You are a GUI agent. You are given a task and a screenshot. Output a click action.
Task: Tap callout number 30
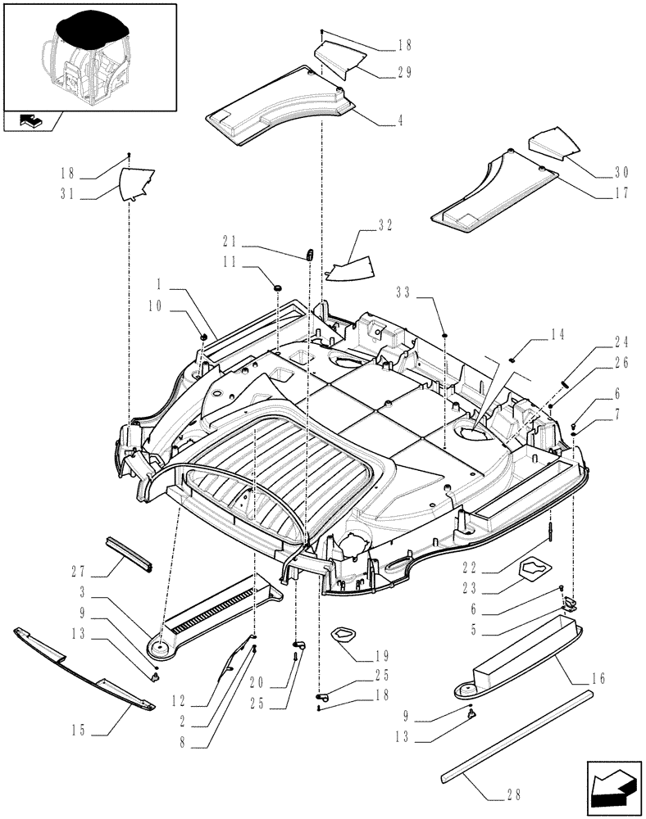click(x=621, y=172)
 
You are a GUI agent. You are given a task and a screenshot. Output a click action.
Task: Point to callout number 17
click(x=621, y=194)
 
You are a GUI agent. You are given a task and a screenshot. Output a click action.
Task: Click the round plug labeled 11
click(x=277, y=287)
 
